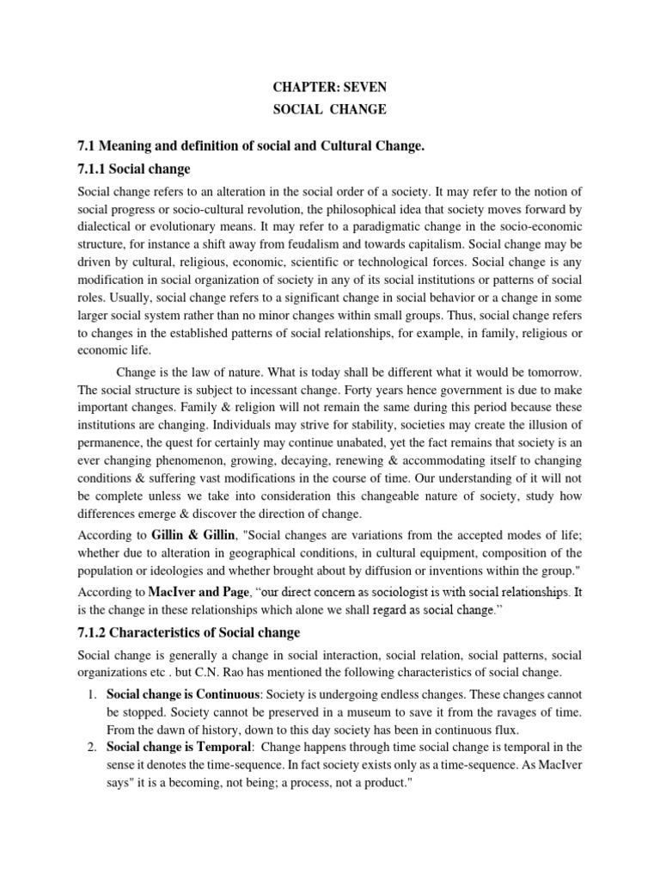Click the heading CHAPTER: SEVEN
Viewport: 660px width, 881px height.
pos(329,87)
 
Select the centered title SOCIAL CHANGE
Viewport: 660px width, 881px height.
pos(329,110)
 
